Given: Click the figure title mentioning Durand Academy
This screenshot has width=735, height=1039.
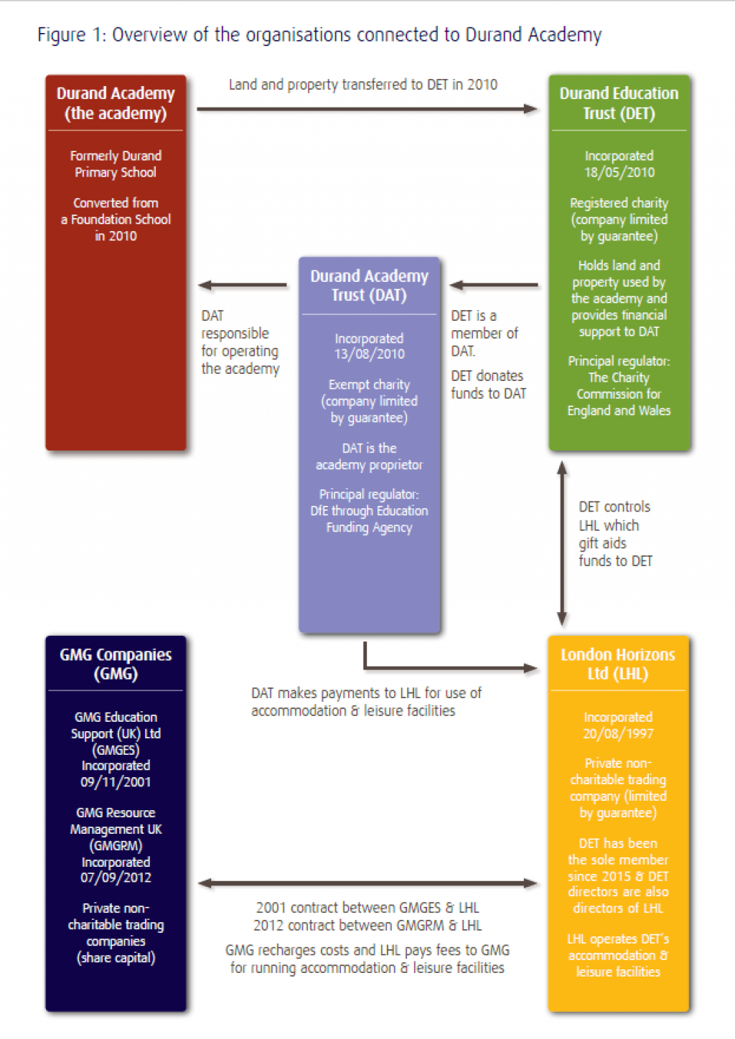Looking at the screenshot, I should [319, 34].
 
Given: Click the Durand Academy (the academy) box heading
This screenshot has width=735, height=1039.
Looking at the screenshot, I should [116, 103].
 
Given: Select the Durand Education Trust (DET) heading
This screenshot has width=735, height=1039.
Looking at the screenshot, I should [619, 103].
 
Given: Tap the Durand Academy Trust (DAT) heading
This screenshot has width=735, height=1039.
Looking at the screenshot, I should [369, 286].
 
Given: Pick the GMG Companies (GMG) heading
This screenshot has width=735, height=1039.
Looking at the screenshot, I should [116, 664].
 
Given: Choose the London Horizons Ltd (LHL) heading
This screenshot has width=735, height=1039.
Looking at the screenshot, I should [617, 664].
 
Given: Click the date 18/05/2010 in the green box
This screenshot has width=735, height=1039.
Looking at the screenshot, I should [619, 172].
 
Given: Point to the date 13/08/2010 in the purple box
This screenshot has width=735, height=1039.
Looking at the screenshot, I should [369, 354].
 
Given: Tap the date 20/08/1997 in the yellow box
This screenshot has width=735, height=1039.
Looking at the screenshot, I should [617, 733].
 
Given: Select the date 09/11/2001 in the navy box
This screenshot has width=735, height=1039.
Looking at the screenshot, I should [116, 782].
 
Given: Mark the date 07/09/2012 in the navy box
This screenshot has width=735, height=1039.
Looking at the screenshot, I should [116, 878].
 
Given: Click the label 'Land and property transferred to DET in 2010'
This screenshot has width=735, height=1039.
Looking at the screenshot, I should [362, 85].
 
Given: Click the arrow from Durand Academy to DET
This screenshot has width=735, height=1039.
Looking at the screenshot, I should [367, 109].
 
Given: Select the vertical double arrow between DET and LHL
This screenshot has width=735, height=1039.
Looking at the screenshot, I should [562, 543].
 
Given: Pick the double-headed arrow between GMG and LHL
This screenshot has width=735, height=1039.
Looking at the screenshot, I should [367, 883].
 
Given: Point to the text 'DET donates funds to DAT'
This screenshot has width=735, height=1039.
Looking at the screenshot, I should [488, 385].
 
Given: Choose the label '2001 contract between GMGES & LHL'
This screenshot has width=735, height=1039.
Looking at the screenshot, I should [367, 908].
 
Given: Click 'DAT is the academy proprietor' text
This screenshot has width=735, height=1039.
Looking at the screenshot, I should [369, 456].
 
